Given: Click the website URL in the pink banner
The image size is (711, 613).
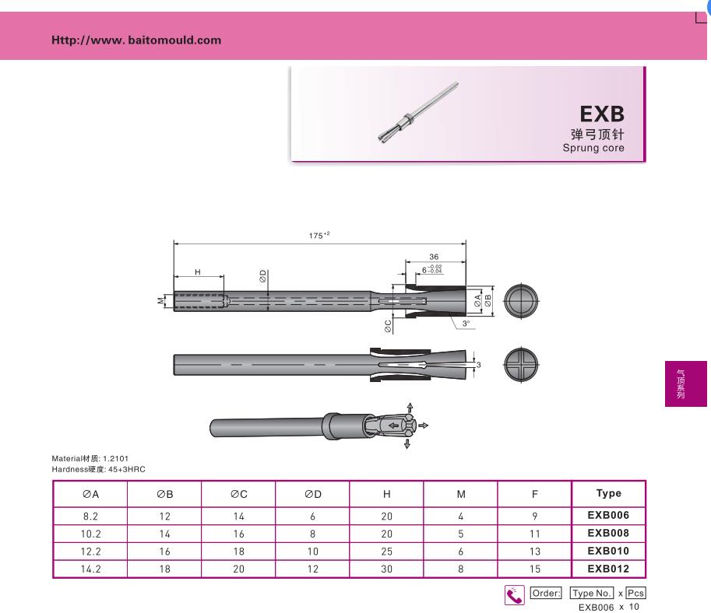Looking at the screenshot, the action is tap(136, 40).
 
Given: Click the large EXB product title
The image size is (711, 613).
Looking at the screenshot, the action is tap(602, 114).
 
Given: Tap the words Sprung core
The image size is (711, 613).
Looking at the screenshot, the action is tap(593, 148).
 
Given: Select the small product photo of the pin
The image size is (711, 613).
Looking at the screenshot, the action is tap(418, 113).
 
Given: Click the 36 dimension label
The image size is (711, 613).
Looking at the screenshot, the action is tap(434, 257).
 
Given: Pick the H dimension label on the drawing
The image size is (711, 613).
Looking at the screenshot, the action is tap(198, 271).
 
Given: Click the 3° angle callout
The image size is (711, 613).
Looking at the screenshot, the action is tap(466, 324).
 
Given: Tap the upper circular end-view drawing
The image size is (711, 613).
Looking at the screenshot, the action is tap(521, 301).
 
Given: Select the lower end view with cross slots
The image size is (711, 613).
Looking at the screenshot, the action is tap(521, 364).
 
